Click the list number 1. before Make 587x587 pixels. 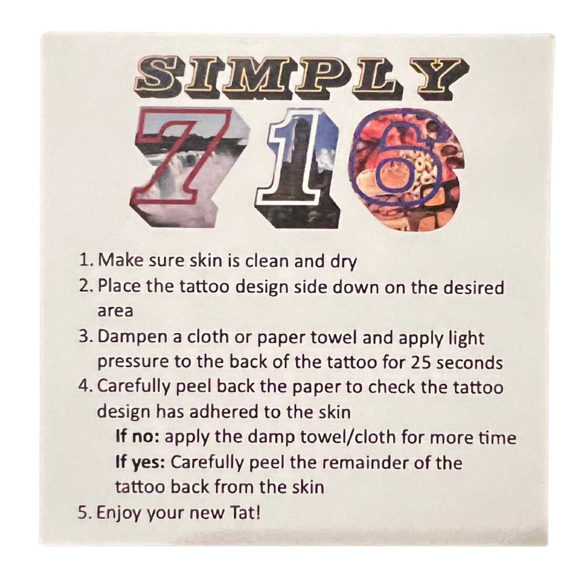86,260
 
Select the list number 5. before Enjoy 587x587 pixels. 85,513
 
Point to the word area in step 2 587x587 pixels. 115,311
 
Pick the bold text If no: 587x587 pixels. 138,436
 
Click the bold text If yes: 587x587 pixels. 140,464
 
